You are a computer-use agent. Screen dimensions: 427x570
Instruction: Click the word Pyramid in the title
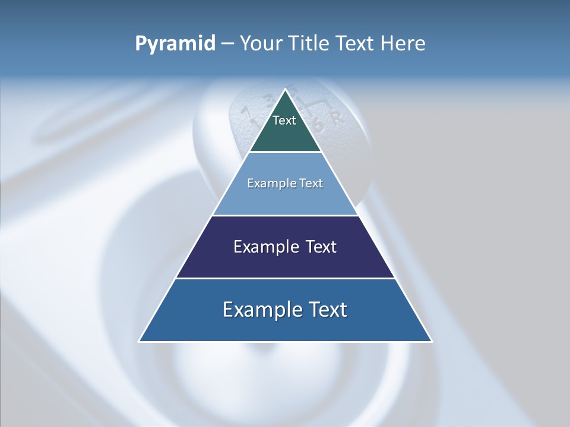(175, 44)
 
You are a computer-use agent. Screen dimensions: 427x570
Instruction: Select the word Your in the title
(261, 43)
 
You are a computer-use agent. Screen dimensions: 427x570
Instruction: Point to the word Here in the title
(403, 43)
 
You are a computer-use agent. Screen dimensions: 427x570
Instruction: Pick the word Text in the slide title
(357, 43)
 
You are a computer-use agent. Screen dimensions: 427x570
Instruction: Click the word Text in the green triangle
(284, 120)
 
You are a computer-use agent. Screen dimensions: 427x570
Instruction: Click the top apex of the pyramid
(286, 90)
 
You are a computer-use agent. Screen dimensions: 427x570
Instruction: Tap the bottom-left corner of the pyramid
(140, 342)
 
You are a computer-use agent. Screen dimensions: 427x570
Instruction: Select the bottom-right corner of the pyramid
(432, 342)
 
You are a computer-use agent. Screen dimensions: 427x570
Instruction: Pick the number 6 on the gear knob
(319, 125)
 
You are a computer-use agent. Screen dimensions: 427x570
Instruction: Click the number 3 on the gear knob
(268, 98)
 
